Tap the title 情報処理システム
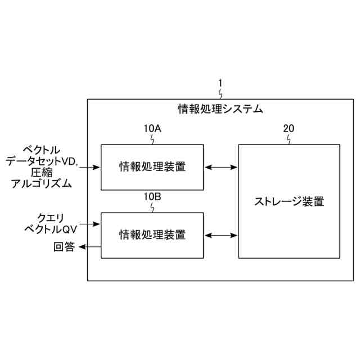click(220, 109)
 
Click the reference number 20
click(288, 128)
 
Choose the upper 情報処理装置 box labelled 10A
click(152, 167)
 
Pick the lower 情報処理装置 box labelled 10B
click(152, 235)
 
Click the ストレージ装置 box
click(289, 201)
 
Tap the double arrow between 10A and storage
click(221, 167)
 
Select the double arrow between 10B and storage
click(221, 235)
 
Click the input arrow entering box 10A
click(91, 167)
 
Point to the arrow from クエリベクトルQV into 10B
click(91, 224)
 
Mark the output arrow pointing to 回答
click(90, 246)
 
